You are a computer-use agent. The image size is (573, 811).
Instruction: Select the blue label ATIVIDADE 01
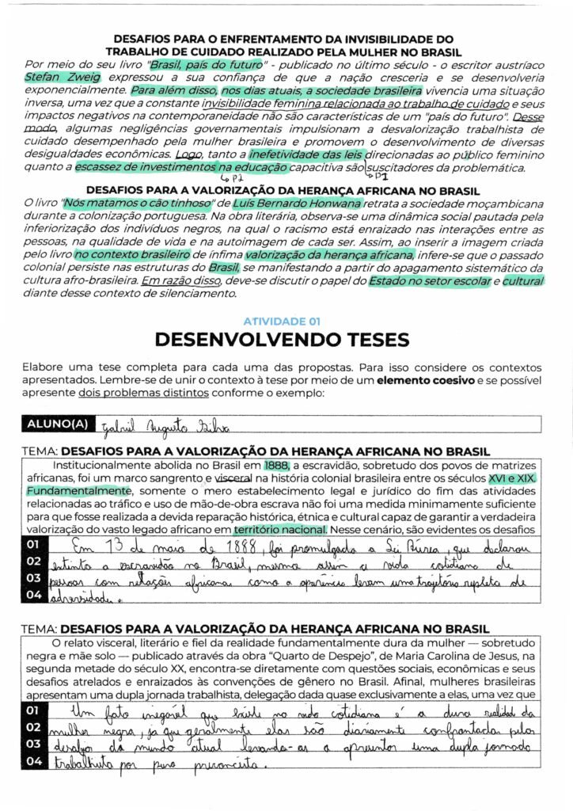click(x=281, y=322)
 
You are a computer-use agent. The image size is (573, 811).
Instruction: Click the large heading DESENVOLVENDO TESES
click(x=282, y=340)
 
